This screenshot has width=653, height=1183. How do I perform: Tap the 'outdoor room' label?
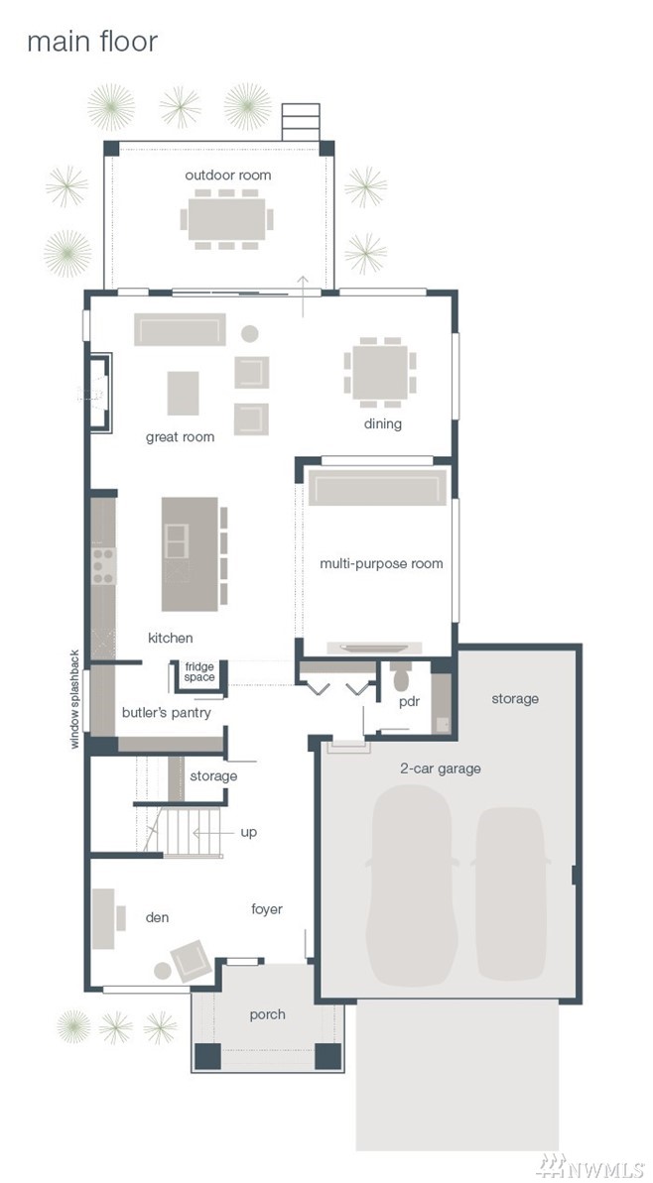pyautogui.click(x=228, y=176)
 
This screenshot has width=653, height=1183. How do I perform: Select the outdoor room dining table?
pyautogui.click(x=226, y=219)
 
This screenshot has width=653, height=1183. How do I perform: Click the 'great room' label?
pyautogui.click(x=180, y=437)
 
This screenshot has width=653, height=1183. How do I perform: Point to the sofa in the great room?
pyautogui.click(x=180, y=329)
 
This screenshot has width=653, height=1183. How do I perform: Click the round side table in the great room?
pyautogui.click(x=250, y=333)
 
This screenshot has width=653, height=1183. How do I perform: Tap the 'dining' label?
pyautogui.click(x=383, y=423)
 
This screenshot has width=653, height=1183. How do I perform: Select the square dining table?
pyautogui.click(x=380, y=372)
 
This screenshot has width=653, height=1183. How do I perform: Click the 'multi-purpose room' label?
pyautogui.click(x=381, y=563)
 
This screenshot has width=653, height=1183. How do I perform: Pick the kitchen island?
pyautogui.click(x=190, y=553)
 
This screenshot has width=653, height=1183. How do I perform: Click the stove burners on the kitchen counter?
pyautogui.click(x=103, y=566)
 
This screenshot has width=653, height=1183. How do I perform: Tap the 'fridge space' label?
pyautogui.click(x=199, y=671)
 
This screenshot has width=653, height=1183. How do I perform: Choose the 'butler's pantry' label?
pyautogui.click(x=166, y=712)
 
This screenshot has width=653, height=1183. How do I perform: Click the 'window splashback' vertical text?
pyautogui.click(x=74, y=699)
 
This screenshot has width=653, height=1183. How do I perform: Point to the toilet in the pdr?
pyautogui.click(x=401, y=676)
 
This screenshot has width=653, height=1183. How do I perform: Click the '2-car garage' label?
pyautogui.click(x=440, y=769)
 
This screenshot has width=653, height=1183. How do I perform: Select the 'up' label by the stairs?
pyautogui.click(x=248, y=832)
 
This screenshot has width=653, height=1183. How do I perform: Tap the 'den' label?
pyautogui.click(x=157, y=917)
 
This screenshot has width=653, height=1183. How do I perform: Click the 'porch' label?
pyautogui.click(x=267, y=1014)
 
